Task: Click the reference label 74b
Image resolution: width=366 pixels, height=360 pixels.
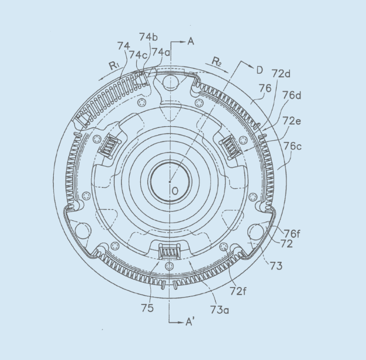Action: [149, 36]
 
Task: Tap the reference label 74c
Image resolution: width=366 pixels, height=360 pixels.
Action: [139, 54]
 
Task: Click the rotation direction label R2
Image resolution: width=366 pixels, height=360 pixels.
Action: [216, 61]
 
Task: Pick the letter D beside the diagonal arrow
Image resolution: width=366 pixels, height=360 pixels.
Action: [259, 70]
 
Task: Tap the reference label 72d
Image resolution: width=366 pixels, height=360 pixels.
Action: [281, 74]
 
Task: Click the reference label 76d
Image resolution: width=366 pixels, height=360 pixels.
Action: [292, 95]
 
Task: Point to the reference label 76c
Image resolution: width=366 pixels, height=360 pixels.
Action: [292, 146]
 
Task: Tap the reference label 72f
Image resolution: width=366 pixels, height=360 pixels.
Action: [240, 290]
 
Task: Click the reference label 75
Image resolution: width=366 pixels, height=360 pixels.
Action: [147, 308]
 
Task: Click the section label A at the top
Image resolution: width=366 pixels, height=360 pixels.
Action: [190, 41]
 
